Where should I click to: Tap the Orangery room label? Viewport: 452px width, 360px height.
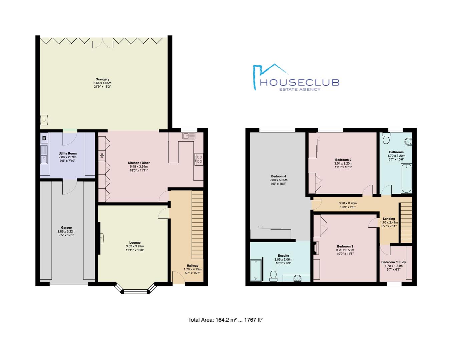tap(102, 79)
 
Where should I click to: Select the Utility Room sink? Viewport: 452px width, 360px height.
tap(44, 155)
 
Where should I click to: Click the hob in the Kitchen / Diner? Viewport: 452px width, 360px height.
tap(199, 159)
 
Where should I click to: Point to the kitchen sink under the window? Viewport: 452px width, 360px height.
tap(189, 136)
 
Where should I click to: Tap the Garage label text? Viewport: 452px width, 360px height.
tap(66, 228)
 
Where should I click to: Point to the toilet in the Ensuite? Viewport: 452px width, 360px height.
tap(273, 275)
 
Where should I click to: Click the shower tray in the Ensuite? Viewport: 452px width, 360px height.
tap(257, 270)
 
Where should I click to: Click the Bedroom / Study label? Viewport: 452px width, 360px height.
tap(394, 262)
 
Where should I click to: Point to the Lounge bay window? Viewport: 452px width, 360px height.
tap(135, 290)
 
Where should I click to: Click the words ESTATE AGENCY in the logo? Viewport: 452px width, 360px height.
tap(300, 89)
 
